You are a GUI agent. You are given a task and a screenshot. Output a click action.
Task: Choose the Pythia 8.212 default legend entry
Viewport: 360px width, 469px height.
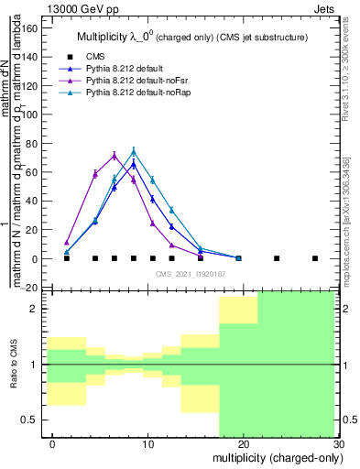[x=125, y=69]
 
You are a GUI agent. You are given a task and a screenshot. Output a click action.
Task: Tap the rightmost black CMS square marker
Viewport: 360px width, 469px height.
[x=315, y=258]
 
